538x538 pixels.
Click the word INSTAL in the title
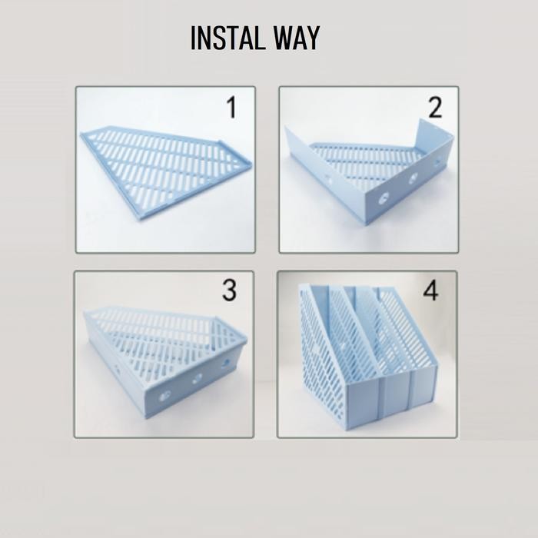(x=224, y=38)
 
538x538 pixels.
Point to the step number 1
(x=231, y=108)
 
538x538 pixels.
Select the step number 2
(x=435, y=108)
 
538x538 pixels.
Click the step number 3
(x=229, y=291)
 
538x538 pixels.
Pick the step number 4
(x=431, y=291)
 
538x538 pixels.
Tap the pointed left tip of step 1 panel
(x=83, y=136)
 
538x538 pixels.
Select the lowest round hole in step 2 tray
(x=383, y=198)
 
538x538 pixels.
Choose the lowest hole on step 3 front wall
(x=164, y=397)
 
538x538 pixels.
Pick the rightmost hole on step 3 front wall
(x=227, y=364)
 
